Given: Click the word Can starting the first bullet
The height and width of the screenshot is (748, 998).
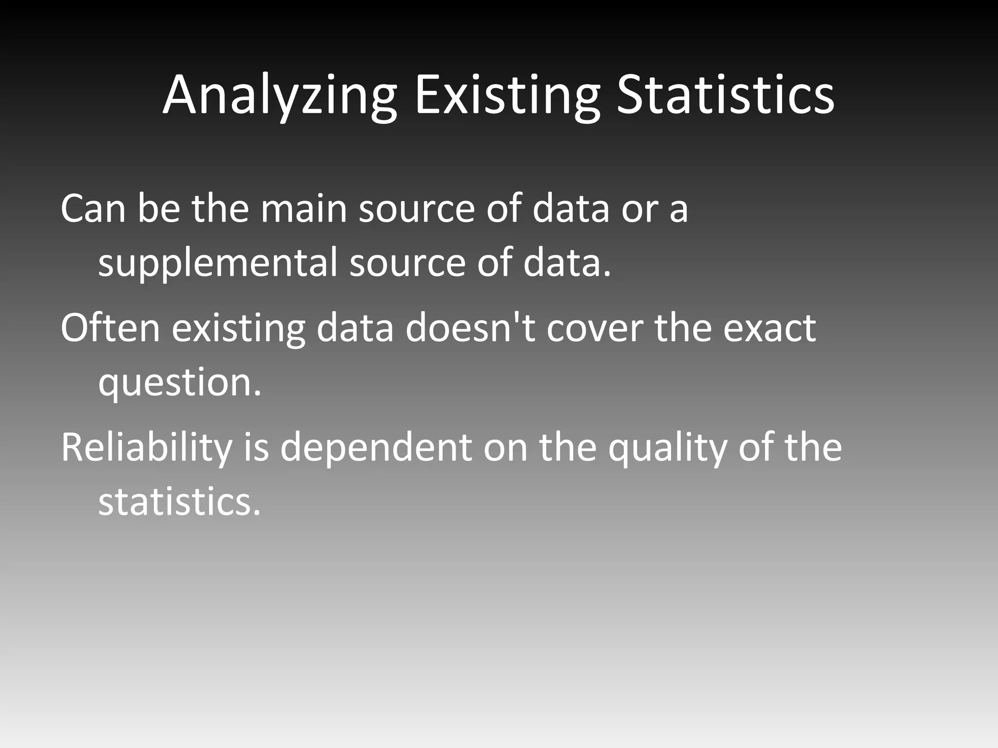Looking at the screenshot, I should tap(93, 208).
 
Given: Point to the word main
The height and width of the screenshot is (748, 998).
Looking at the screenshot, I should tap(303, 208).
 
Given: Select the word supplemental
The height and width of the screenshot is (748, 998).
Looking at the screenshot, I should tap(217, 263).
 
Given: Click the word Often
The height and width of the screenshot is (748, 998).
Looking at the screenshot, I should tap(110, 328).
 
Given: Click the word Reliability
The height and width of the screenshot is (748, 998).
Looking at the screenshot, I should tap(146, 448).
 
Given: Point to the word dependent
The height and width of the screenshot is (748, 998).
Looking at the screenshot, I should tap(376, 448).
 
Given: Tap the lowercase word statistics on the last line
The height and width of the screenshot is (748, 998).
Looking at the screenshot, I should tap(179, 502).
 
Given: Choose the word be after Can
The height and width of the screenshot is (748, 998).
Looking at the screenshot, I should tap(159, 208).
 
